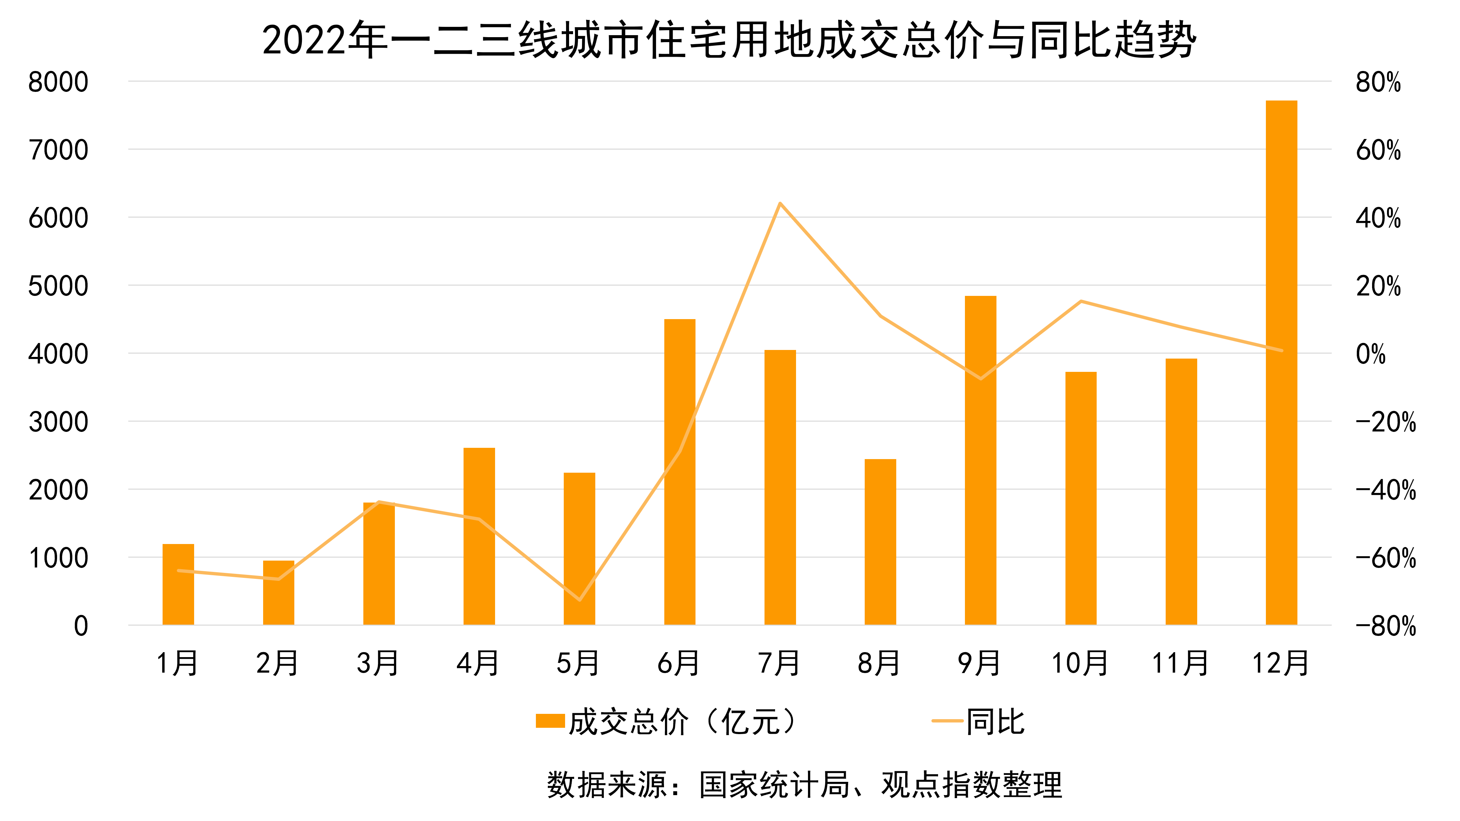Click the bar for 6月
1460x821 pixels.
[680, 472]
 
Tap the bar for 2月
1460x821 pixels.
[278, 593]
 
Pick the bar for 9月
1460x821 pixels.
[981, 460]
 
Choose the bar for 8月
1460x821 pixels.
[880, 542]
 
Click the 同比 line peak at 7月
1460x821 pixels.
[780, 203]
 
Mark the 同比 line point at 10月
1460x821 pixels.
[1081, 301]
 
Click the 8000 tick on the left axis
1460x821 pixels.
[58, 82]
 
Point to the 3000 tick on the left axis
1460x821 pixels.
[58, 422]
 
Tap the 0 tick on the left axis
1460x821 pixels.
[81, 626]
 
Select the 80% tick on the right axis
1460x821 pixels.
[1378, 82]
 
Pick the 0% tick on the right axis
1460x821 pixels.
[1370, 354]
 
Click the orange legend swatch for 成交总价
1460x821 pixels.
[550, 721]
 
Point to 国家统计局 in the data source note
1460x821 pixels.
[774, 785]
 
